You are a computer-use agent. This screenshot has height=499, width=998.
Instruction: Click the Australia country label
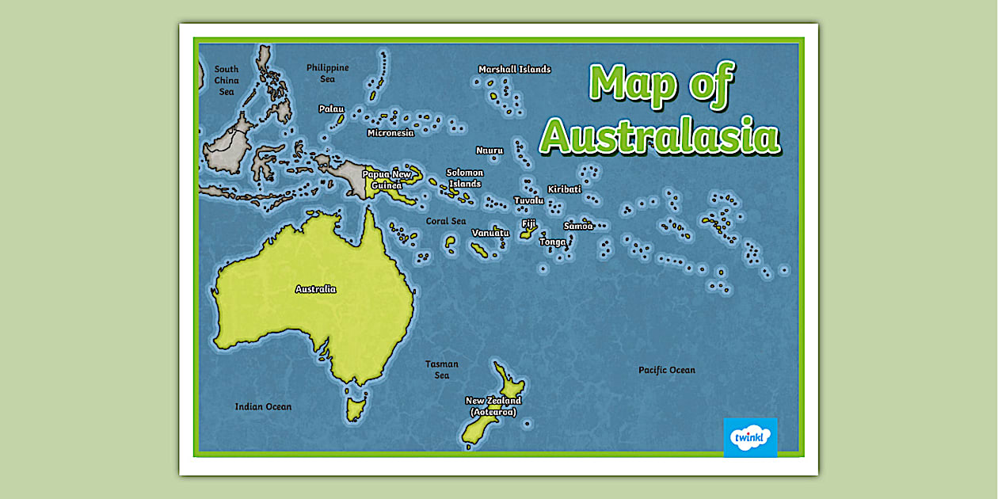click(315, 289)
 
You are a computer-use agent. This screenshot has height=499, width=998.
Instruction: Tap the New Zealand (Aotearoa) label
click(493, 406)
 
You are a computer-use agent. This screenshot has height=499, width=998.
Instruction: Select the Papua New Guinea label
click(387, 180)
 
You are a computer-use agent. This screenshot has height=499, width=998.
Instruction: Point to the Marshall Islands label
click(514, 70)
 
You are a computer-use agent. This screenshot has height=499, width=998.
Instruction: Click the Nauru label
click(489, 150)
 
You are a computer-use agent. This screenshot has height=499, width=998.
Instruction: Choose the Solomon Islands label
click(464, 178)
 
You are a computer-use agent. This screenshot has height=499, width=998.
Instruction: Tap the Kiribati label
click(564, 189)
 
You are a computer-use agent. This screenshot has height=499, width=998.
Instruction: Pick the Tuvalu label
click(528, 200)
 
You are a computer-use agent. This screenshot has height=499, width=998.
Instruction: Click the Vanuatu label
click(490, 233)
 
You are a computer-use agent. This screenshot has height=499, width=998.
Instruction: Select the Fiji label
click(528, 224)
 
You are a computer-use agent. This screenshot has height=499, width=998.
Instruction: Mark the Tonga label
click(553, 242)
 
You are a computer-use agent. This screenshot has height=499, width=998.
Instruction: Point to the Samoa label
click(577, 226)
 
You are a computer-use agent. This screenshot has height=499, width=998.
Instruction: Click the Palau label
click(331, 109)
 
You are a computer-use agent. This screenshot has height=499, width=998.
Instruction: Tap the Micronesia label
click(390, 133)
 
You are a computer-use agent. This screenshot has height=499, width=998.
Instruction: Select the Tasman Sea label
click(442, 370)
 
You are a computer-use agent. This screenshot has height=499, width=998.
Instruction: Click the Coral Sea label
click(446, 221)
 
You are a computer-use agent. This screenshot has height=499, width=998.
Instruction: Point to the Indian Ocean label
click(263, 406)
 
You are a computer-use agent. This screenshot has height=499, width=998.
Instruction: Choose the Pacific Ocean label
click(666, 370)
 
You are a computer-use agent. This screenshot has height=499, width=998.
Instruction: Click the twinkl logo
click(750, 437)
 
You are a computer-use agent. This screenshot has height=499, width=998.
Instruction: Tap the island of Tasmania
click(355, 409)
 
